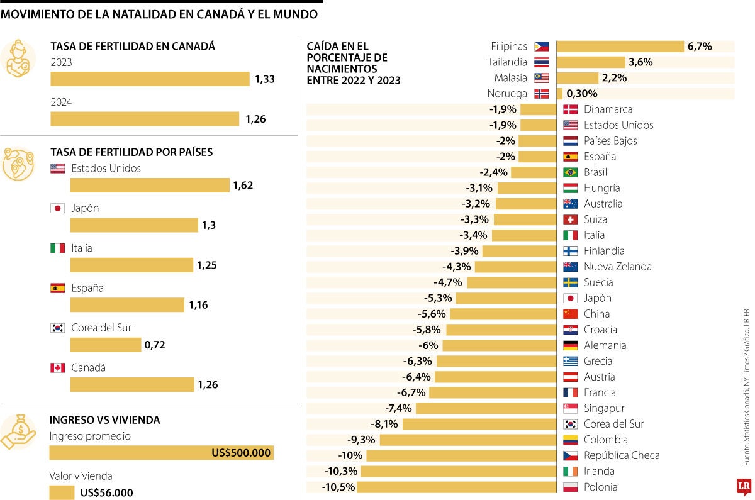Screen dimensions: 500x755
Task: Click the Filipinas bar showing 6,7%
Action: coord(620,47)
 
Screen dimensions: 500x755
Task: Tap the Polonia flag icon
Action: coord(570,487)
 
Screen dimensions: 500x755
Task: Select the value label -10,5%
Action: coord(338,487)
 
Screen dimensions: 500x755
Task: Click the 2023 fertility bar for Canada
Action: coord(150,79)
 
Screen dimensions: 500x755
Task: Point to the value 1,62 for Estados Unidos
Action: coord(243,185)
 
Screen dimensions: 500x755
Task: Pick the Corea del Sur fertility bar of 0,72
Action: coord(105,345)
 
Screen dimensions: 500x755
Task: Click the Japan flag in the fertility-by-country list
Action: coord(57,208)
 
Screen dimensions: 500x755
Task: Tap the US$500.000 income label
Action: coord(242,453)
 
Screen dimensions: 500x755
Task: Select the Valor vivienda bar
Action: coord(62,492)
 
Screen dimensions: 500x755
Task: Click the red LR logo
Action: coord(744,486)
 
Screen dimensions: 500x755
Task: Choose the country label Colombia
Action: coord(605,440)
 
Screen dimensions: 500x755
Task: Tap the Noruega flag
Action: coord(541,94)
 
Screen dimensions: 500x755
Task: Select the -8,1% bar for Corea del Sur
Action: coord(479,424)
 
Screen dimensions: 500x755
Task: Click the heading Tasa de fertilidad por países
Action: coord(131,152)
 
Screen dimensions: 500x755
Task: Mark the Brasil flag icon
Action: coord(570,172)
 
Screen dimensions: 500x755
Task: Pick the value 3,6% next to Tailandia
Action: coord(640,62)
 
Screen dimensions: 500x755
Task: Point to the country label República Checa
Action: coord(621,455)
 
